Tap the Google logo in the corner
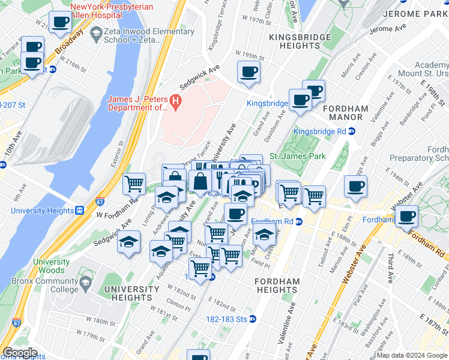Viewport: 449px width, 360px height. pyautogui.click(x=20, y=353)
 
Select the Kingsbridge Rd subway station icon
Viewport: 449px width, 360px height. pyautogui.click(x=352, y=131)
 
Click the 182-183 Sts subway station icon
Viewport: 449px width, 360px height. pyautogui.click(x=253, y=319)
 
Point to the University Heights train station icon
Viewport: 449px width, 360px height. pyautogui.click(x=79, y=211)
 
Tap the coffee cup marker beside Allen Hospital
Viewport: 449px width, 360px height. pyautogui.click(x=59, y=23)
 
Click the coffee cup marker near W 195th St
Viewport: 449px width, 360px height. pyautogui.click(x=249, y=73)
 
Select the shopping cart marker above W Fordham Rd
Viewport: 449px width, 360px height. pyautogui.click(x=134, y=183)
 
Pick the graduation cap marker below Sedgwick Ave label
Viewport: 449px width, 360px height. pyautogui.click(x=128, y=242)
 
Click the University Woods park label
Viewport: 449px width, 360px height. pyautogui.click(x=51, y=266)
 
